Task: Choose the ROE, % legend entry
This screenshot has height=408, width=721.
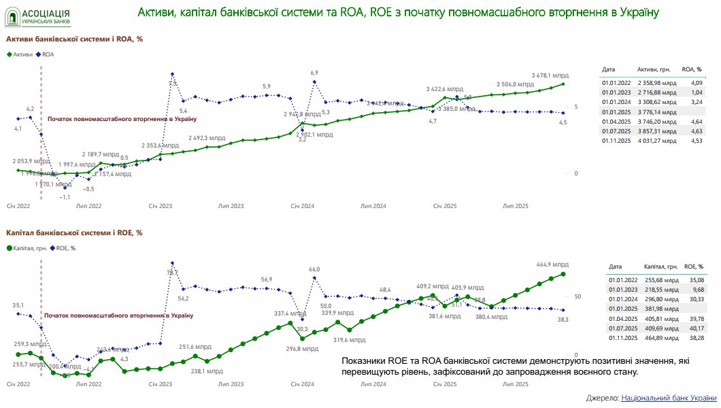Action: (x=65, y=248)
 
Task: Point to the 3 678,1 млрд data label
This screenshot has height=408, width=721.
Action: (x=550, y=75)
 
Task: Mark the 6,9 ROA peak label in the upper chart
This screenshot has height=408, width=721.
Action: (x=314, y=73)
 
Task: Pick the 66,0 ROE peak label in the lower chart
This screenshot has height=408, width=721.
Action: (x=314, y=269)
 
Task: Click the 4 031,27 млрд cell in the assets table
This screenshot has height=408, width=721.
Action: (x=657, y=141)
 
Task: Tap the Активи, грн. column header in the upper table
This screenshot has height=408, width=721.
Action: (x=656, y=69)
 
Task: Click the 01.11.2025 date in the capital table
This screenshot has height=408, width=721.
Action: (x=625, y=338)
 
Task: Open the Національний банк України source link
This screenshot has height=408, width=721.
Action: (x=669, y=398)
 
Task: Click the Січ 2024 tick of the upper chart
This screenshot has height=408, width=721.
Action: (x=302, y=205)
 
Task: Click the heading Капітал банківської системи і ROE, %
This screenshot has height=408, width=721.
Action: (x=74, y=233)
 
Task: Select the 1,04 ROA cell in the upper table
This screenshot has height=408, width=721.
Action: (x=696, y=92)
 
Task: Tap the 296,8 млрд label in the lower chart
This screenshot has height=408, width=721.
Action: (x=301, y=349)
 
